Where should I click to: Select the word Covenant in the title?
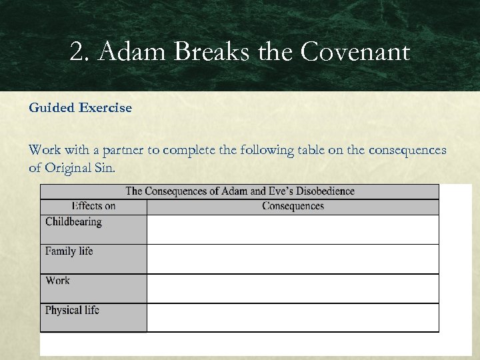[355, 52]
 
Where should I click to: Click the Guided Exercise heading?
[80, 107]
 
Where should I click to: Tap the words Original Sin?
[79, 167]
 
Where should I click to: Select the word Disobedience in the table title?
[321, 191]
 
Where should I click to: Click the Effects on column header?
[93, 206]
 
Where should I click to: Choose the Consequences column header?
[293, 206]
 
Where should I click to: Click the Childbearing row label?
[73, 222]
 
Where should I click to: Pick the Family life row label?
[69, 251]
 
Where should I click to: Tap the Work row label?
[57, 281]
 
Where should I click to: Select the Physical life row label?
[72, 310]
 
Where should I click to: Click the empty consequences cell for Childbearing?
[293, 229]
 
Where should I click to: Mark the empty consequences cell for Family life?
[293, 259]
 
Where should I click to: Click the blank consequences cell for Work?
[293, 288]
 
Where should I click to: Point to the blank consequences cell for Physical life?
[293, 317]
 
